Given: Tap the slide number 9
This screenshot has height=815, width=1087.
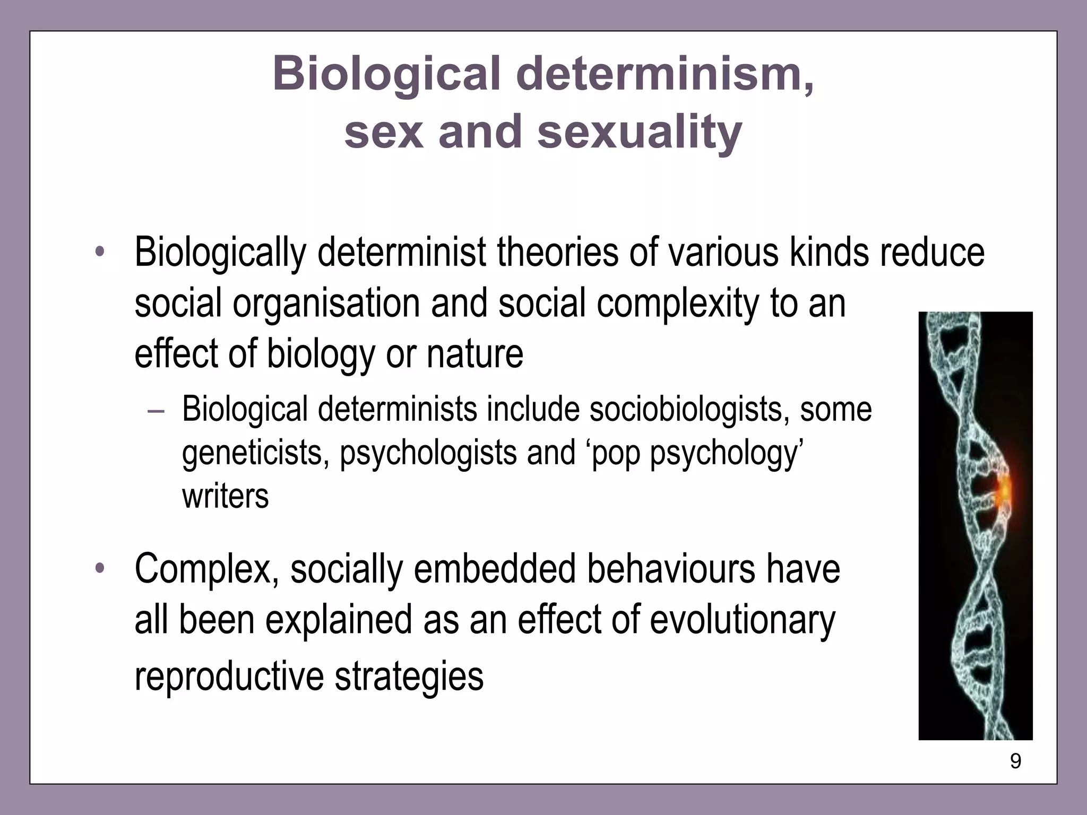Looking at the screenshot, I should click(1015, 761).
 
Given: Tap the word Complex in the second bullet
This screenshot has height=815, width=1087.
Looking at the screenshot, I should click(207, 569).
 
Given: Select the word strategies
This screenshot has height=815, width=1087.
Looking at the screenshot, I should click(409, 676).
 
